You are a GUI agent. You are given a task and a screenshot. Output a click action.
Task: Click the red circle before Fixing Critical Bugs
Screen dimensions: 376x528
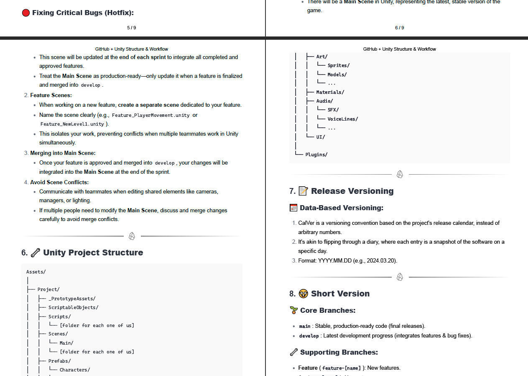click(26, 13)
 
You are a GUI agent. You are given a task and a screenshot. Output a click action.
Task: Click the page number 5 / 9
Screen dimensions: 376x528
click(131, 28)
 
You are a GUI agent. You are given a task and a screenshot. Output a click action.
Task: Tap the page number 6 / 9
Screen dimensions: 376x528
click(399, 28)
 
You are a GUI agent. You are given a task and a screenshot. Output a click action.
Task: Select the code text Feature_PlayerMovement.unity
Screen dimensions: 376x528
click(150, 115)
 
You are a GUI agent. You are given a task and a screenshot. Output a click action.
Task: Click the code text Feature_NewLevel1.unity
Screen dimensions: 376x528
click(72, 124)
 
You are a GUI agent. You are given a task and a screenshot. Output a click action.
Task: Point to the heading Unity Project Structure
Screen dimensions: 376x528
click(93, 252)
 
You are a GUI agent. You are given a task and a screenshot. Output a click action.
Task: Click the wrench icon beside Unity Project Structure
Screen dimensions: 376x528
click(36, 252)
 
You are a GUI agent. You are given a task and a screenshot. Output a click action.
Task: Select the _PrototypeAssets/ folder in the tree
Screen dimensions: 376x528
click(72, 299)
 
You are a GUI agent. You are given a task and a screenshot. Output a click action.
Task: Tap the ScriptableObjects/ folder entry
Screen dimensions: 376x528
click(73, 307)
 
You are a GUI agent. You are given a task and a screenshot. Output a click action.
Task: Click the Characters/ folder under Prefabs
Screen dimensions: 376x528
click(74, 370)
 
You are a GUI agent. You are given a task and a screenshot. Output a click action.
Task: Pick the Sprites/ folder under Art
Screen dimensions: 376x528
click(338, 65)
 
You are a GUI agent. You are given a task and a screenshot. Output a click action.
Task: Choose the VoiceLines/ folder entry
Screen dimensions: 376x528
click(342, 119)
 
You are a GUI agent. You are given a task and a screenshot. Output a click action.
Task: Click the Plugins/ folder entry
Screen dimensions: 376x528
click(316, 155)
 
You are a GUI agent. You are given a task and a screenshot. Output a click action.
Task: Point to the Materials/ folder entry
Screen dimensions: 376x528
click(330, 92)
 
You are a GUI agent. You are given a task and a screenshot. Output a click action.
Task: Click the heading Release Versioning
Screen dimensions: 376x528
click(352, 191)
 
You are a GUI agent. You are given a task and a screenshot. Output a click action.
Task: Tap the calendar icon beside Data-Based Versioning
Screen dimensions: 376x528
click(293, 208)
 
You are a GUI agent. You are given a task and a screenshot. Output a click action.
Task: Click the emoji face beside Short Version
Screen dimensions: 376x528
click(303, 294)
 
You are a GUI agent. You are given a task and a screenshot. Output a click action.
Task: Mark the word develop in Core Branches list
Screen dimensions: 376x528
click(309, 336)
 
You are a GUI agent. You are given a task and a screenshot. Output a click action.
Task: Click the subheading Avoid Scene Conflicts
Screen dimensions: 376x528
click(59, 182)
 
